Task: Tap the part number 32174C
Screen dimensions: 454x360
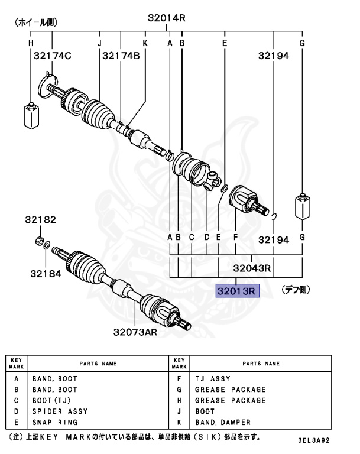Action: (52, 56)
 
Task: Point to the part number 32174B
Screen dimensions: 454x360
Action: (121, 56)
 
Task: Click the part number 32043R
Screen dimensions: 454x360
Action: (252, 268)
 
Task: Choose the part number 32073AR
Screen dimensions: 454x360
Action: (135, 332)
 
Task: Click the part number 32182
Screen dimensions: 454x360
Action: (40, 220)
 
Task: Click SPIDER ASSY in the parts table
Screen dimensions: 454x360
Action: (60, 411)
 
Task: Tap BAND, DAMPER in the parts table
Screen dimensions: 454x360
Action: (223, 423)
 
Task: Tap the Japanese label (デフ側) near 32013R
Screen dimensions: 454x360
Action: (295, 290)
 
